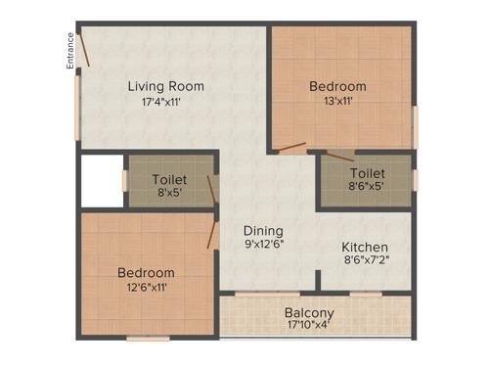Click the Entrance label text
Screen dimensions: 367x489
coord(70,51)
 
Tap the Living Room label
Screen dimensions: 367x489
coord(166,86)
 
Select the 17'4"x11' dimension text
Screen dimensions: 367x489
coord(166,102)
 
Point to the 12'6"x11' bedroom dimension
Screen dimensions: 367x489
coord(146,288)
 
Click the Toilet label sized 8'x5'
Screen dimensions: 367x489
coord(170,179)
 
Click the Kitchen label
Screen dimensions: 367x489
coord(365,248)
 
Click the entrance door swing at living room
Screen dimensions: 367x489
coord(84,48)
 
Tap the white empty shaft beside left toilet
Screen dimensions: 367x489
coord(102,181)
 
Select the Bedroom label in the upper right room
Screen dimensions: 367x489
coord(337,86)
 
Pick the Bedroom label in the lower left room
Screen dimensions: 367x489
coord(147,272)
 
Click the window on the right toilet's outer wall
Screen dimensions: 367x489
coord(415,180)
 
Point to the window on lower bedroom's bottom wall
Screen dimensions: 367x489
coord(148,339)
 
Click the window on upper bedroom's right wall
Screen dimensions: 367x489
coord(415,127)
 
